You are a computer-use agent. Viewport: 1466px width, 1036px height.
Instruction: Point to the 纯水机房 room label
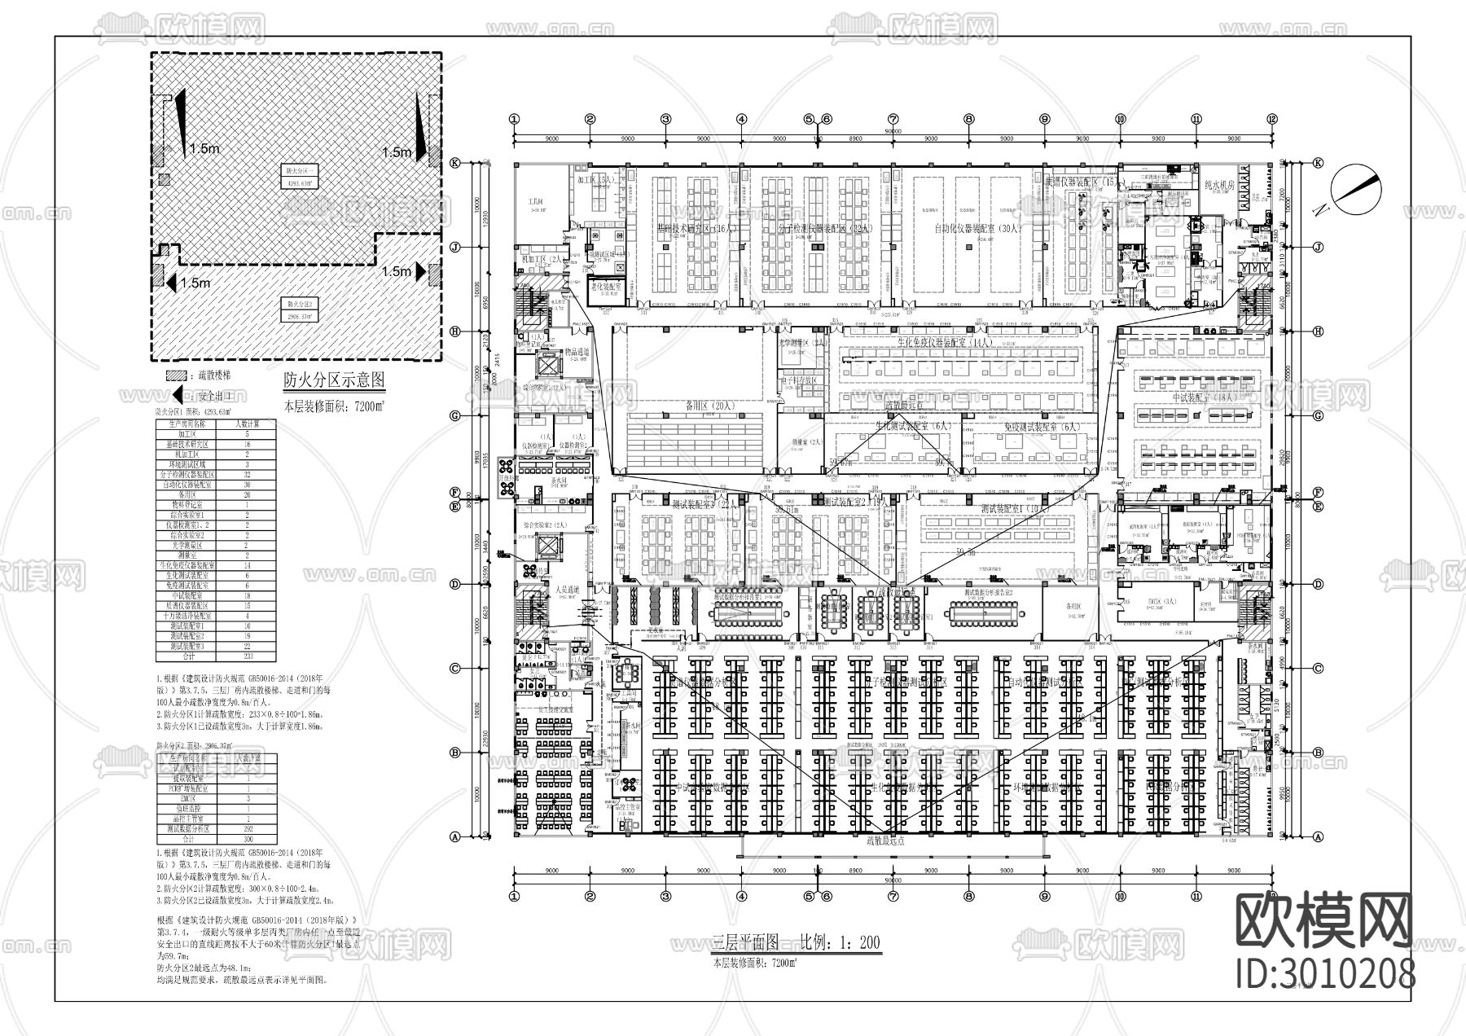point(1219,185)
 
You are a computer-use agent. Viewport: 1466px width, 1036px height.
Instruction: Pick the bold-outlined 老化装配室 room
point(604,289)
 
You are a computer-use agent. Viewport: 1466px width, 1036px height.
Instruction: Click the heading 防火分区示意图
point(332,380)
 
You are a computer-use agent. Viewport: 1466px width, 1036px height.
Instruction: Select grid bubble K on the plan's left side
point(455,163)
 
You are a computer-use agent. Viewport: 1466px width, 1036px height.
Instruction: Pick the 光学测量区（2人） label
point(802,345)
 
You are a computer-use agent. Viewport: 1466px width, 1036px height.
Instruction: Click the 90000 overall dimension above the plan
point(893,129)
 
